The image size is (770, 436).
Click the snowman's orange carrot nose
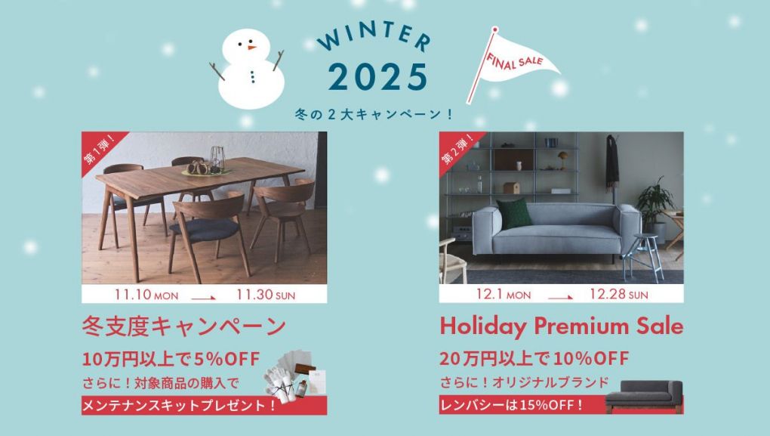click(x=251, y=48)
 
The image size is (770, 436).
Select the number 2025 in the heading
click(x=377, y=77)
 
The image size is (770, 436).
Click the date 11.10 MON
click(x=146, y=295)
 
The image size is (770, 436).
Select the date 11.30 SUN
click(x=266, y=295)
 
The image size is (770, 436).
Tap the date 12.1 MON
click(x=504, y=295)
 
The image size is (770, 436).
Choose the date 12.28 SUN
click(x=619, y=295)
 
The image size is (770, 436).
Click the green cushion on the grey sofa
click(x=514, y=214)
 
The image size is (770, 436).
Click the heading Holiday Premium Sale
click(x=562, y=326)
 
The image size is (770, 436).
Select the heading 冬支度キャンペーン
click(x=183, y=326)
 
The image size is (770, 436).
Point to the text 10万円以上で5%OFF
click(x=171, y=360)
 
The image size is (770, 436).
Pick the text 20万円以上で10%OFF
click(x=534, y=359)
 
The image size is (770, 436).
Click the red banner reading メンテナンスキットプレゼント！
click(x=204, y=406)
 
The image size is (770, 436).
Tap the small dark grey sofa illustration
click(x=644, y=395)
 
